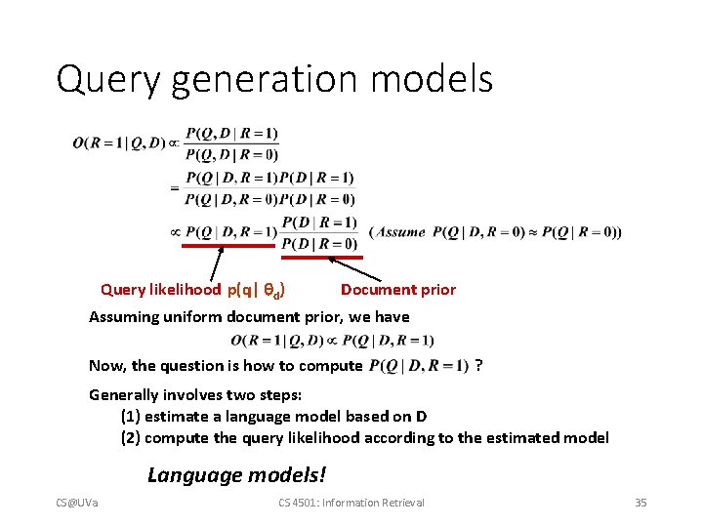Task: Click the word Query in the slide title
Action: click(x=107, y=79)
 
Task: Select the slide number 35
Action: click(x=641, y=503)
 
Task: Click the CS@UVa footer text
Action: click(x=83, y=503)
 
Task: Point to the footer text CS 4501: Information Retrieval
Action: click(x=351, y=503)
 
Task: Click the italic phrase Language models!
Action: click(x=237, y=475)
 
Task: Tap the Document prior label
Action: click(x=398, y=289)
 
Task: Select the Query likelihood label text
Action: click(x=161, y=289)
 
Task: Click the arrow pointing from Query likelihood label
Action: click(x=218, y=264)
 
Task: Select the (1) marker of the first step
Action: click(x=130, y=416)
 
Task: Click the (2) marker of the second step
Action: click(x=130, y=437)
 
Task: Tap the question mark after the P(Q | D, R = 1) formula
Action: click(x=477, y=365)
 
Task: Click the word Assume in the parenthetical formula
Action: click(x=400, y=232)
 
